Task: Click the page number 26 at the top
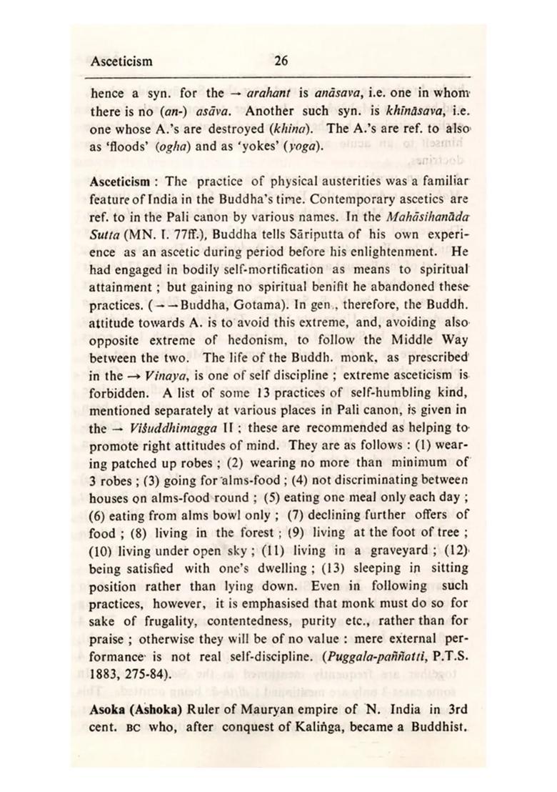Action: tap(281, 61)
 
